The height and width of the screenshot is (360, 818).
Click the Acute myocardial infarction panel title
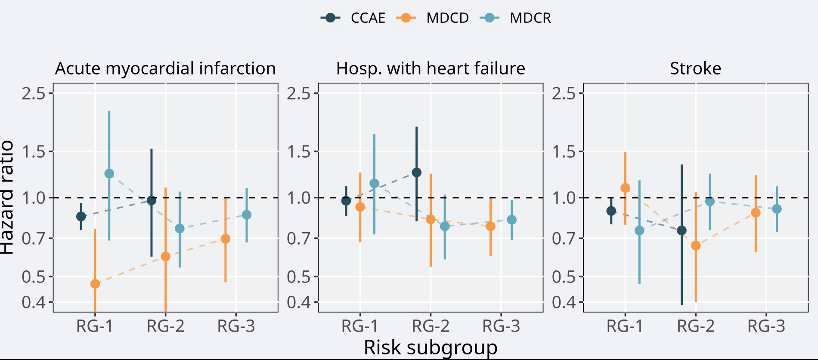coord(165,68)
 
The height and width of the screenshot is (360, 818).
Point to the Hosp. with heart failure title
coord(431,68)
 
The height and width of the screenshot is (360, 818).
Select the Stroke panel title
coord(695,68)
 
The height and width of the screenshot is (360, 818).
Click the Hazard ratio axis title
coord(8,197)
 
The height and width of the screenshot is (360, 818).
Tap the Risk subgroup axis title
coord(431,347)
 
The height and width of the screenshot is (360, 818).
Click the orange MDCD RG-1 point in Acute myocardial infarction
coord(95,284)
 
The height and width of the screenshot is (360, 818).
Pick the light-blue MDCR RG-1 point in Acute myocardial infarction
coord(109,174)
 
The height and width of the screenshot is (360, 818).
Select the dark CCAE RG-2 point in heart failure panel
coord(416,173)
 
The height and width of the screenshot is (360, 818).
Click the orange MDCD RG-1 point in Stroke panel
coord(625,188)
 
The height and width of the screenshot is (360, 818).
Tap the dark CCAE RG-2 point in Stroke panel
coord(682,230)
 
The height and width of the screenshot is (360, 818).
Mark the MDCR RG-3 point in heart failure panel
coord(511,220)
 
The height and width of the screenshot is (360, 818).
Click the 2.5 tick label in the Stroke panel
coord(563,93)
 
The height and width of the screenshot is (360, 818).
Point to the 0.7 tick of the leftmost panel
coord(34,238)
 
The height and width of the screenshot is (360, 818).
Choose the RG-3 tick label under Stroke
coord(766,326)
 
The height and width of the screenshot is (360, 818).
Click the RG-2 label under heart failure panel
coord(431,326)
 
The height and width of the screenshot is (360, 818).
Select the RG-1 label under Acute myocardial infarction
coord(95,326)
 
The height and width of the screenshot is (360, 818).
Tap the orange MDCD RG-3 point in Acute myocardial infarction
coord(225,239)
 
